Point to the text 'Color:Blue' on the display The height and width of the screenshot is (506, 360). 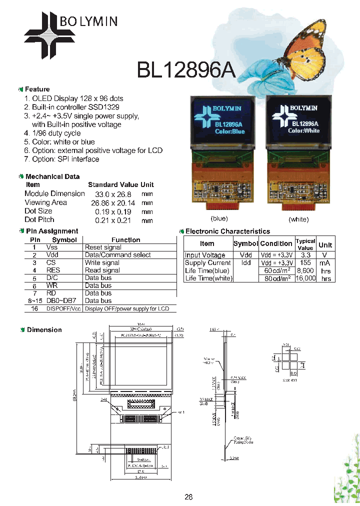[229, 131]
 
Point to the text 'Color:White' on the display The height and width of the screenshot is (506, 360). [303, 130]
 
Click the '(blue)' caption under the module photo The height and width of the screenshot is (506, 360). [219, 218]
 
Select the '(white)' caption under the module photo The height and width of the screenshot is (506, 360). [298, 219]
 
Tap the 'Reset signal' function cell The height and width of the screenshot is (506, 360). [103, 247]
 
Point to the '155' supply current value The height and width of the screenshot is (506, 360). [304, 262]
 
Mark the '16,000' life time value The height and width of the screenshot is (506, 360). [305, 278]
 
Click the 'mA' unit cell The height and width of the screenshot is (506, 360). [326, 262]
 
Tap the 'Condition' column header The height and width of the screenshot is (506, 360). [276, 243]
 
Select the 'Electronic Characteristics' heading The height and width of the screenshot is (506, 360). [227, 231]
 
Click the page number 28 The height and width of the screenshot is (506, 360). [188, 497]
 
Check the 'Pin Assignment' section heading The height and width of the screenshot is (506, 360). [51, 231]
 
